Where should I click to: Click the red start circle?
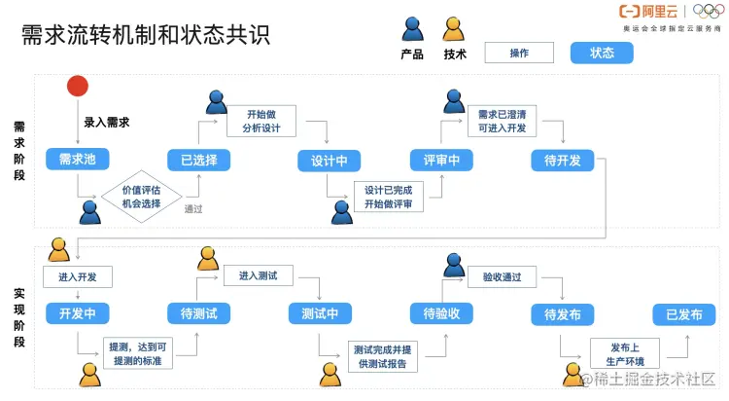tap(78, 87)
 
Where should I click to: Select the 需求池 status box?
tap(77, 160)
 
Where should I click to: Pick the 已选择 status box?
tap(198, 160)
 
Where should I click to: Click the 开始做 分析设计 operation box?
tap(260, 121)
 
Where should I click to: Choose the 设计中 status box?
tap(329, 160)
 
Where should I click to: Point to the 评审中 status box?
tap(441, 160)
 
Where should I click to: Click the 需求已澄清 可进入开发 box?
tap(502, 121)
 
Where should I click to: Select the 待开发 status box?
tap(562, 160)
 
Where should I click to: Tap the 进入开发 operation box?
tap(77, 277)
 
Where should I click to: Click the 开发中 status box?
tap(77, 313)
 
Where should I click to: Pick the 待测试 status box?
tap(198, 313)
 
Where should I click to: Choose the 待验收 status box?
tap(441, 313)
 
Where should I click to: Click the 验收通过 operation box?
tap(502, 277)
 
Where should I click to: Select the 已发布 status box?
tap(683, 313)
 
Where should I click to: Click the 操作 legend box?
tap(519, 53)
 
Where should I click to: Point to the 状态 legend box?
tap(602, 53)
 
